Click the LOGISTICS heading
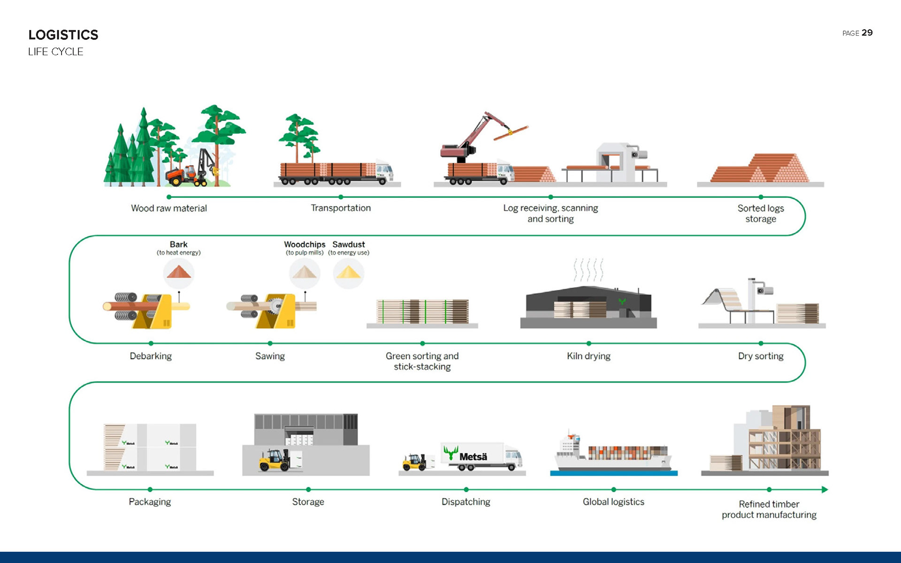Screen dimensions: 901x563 point(63,35)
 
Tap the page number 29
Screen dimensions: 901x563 point(867,33)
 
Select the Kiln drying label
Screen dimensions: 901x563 point(588,356)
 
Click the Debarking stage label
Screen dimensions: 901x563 point(151,356)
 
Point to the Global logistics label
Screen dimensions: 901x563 point(613,502)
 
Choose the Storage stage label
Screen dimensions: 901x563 point(308,502)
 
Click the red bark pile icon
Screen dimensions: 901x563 point(178,272)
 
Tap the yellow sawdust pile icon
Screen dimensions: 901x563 point(348,273)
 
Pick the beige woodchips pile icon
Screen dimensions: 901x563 point(305,272)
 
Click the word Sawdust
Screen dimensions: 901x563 point(348,244)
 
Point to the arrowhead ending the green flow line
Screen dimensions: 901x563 point(825,489)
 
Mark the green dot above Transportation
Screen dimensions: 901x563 point(341,197)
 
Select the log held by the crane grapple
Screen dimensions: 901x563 point(511,133)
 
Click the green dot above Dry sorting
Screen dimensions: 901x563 point(761,343)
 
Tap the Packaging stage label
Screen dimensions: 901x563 point(150,502)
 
